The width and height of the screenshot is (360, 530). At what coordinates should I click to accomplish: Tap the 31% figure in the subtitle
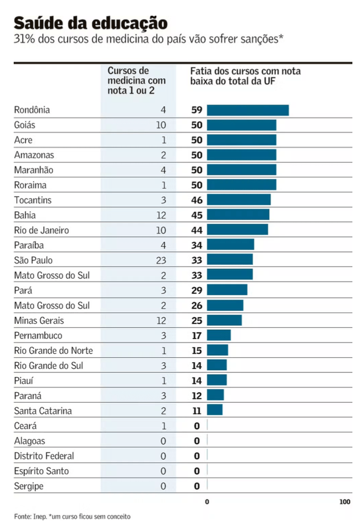pos(24,39)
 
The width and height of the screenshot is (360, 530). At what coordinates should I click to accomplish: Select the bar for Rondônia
pos(247,110)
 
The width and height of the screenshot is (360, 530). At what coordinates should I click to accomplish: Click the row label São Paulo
pos(33,260)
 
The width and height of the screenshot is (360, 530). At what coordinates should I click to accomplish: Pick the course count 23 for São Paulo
pos(160,260)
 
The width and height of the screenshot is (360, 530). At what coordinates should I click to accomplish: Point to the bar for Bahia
pos(238,215)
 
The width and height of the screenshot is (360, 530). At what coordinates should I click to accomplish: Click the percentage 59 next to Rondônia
pos(197,110)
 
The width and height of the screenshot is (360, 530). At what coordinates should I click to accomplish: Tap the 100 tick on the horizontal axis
pos(344,502)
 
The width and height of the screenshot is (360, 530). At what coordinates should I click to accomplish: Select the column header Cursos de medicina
pos(136,81)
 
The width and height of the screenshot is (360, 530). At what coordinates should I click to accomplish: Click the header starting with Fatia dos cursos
pos(245,76)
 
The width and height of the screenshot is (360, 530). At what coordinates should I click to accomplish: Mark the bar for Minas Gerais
pos(224,321)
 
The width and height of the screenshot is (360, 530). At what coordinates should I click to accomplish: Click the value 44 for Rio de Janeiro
pos(197,231)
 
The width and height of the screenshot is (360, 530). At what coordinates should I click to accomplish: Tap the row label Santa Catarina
pos(43,411)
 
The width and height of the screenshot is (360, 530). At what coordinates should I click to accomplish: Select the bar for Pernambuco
pos(219,335)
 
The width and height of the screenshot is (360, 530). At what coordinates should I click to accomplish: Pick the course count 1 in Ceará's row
pos(163,426)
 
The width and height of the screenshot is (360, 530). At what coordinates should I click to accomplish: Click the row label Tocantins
pos(33,200)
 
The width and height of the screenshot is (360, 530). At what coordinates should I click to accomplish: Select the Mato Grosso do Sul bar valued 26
pos(225,306)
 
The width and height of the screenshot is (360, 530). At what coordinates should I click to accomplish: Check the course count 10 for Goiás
pos(161,125)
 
